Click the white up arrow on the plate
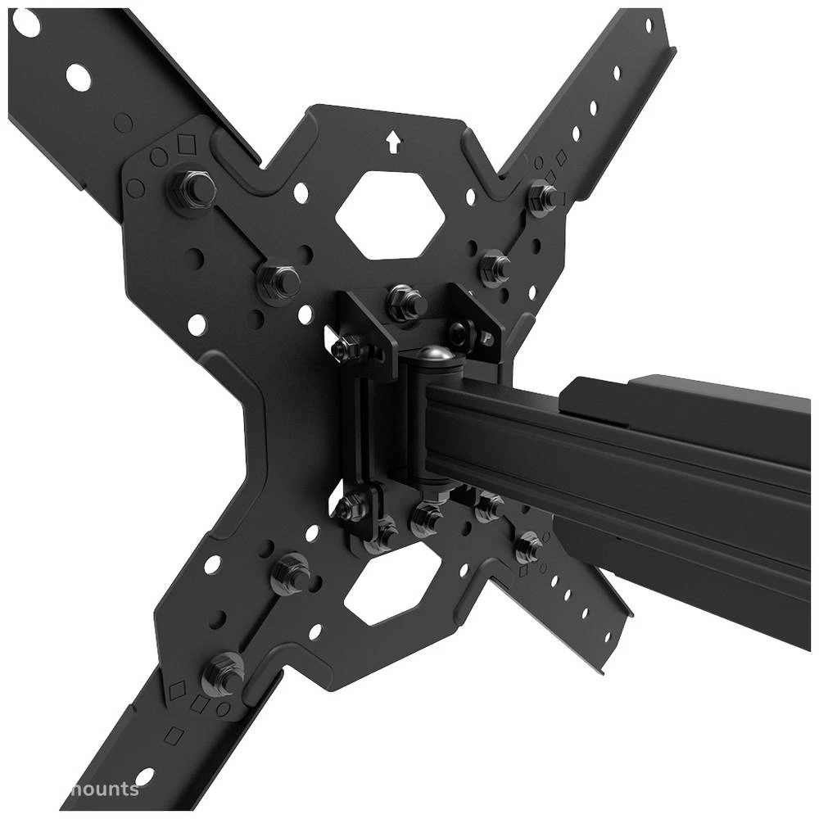click(393, 143)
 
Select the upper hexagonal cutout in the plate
click(390, 215)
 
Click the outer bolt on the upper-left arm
click(193, 189)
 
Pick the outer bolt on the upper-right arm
click(543, 197)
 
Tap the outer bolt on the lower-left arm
click(223, 673)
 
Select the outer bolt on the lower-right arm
click(528, 547)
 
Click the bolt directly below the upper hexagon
click(405, 303)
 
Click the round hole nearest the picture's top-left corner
click(26, 23)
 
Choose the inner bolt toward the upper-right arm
click(495, 266)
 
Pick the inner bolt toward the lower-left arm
click(292, 573)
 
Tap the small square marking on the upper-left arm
click(187, 145)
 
